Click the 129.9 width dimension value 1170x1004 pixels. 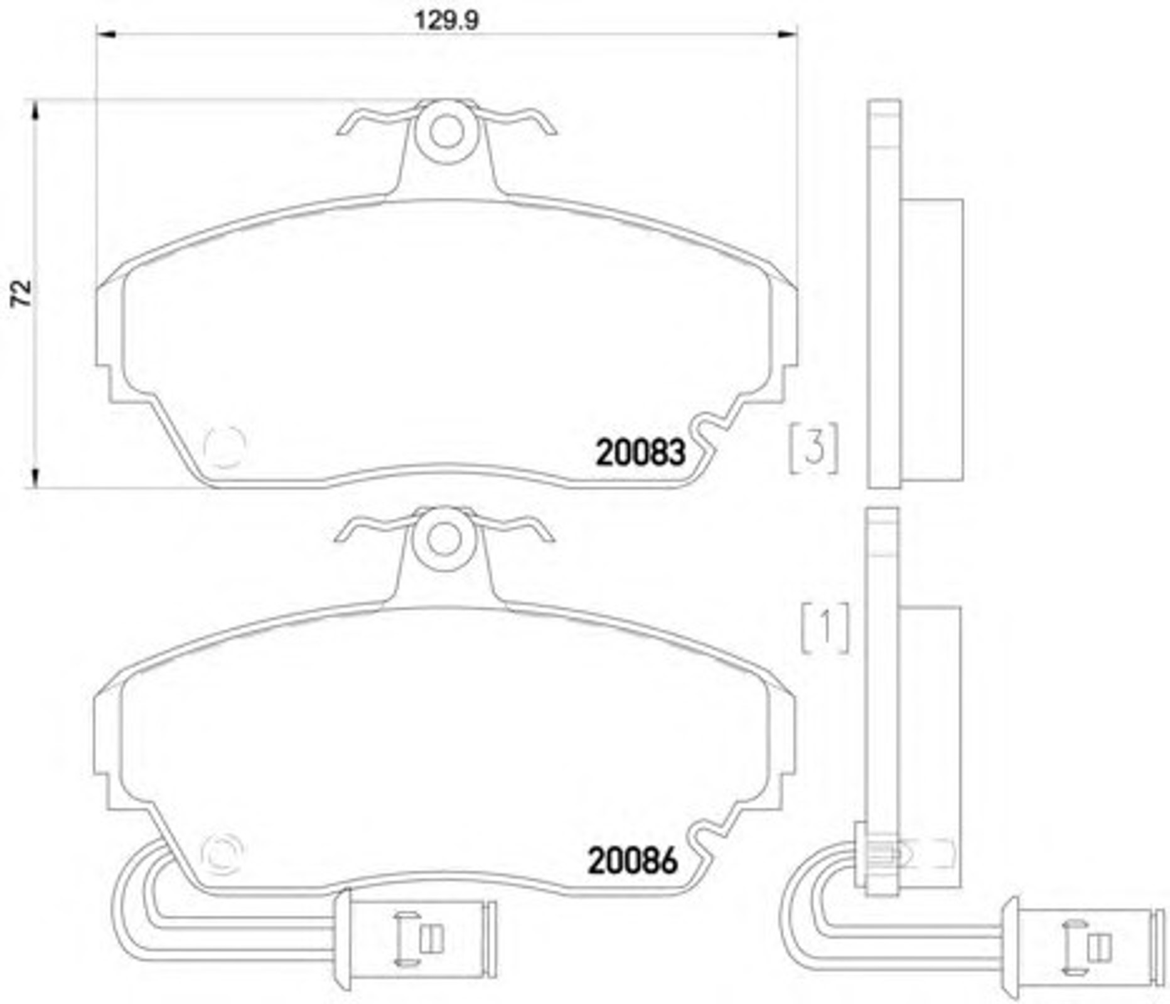446,20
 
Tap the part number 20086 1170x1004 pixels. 633,861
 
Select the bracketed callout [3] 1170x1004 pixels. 813,448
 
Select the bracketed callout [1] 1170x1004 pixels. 825,627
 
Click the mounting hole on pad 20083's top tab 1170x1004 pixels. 447,132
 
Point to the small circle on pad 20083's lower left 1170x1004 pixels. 225,447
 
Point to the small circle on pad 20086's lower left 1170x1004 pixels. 222,853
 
